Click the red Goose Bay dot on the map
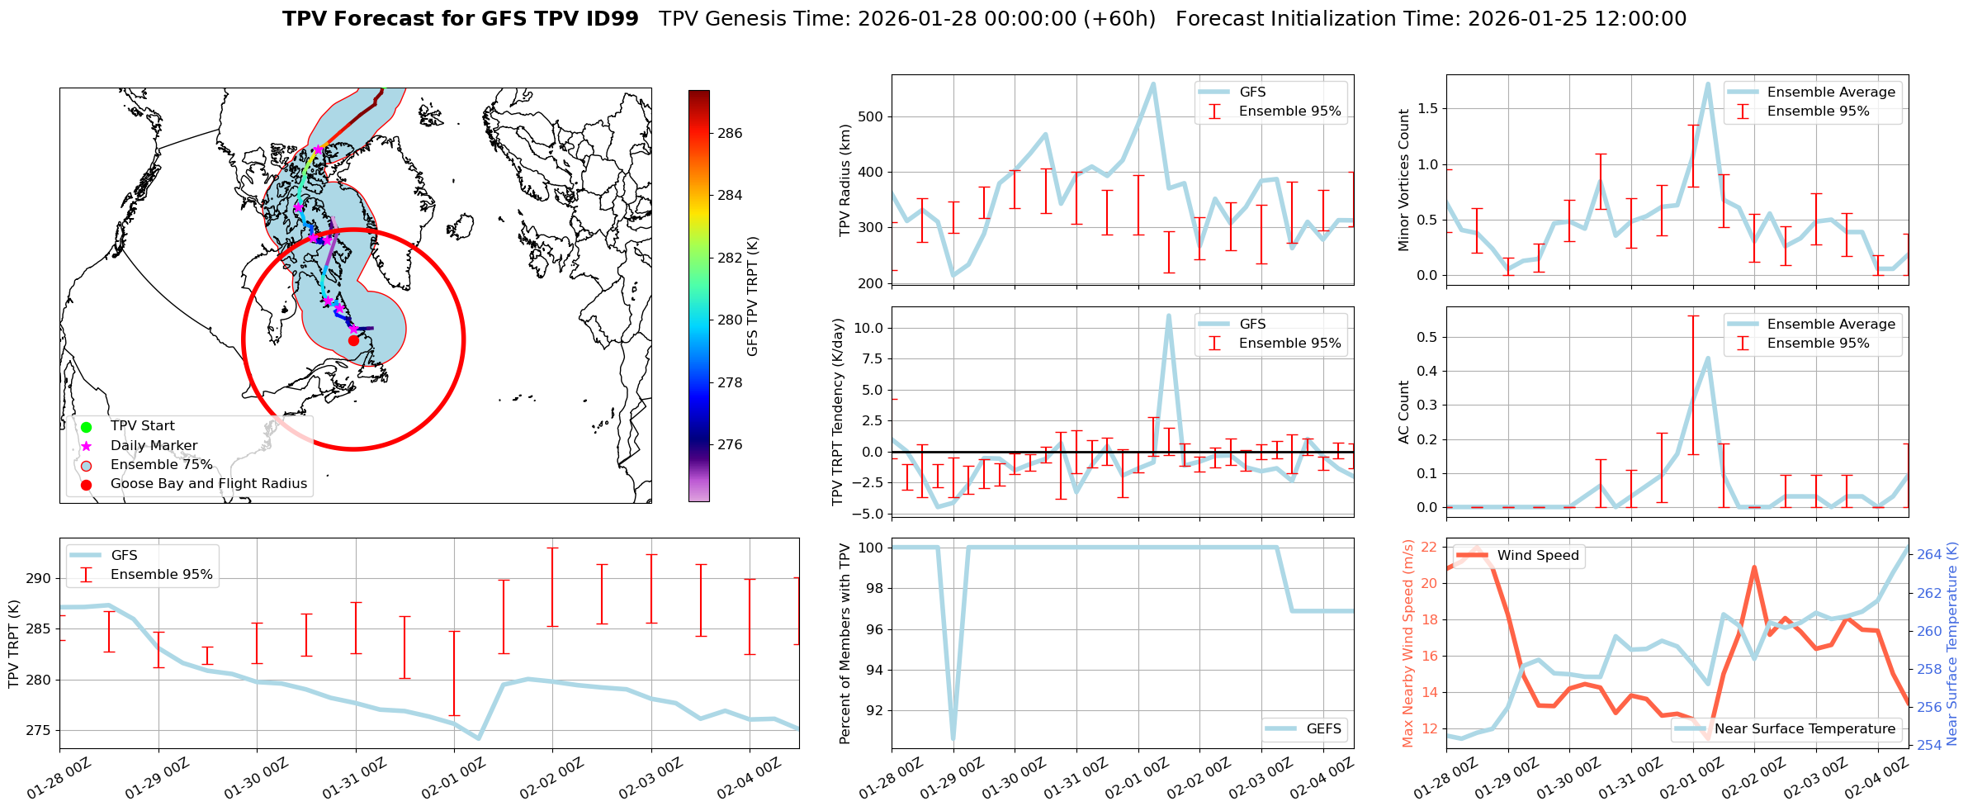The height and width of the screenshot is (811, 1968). point(353,340)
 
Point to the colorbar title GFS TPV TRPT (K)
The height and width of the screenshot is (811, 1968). point(752,296)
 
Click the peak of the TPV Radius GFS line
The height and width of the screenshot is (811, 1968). point(1153,83)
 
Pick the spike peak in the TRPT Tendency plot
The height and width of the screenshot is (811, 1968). point(1169,315)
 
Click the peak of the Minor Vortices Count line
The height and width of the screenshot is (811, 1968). point(1708,83)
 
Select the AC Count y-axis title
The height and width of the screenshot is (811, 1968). point(1404,412)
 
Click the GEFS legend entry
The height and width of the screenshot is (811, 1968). point(1323,728)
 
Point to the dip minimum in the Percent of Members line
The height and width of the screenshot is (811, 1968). point(953,740)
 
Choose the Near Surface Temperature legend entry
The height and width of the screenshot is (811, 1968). point(1805,728)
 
